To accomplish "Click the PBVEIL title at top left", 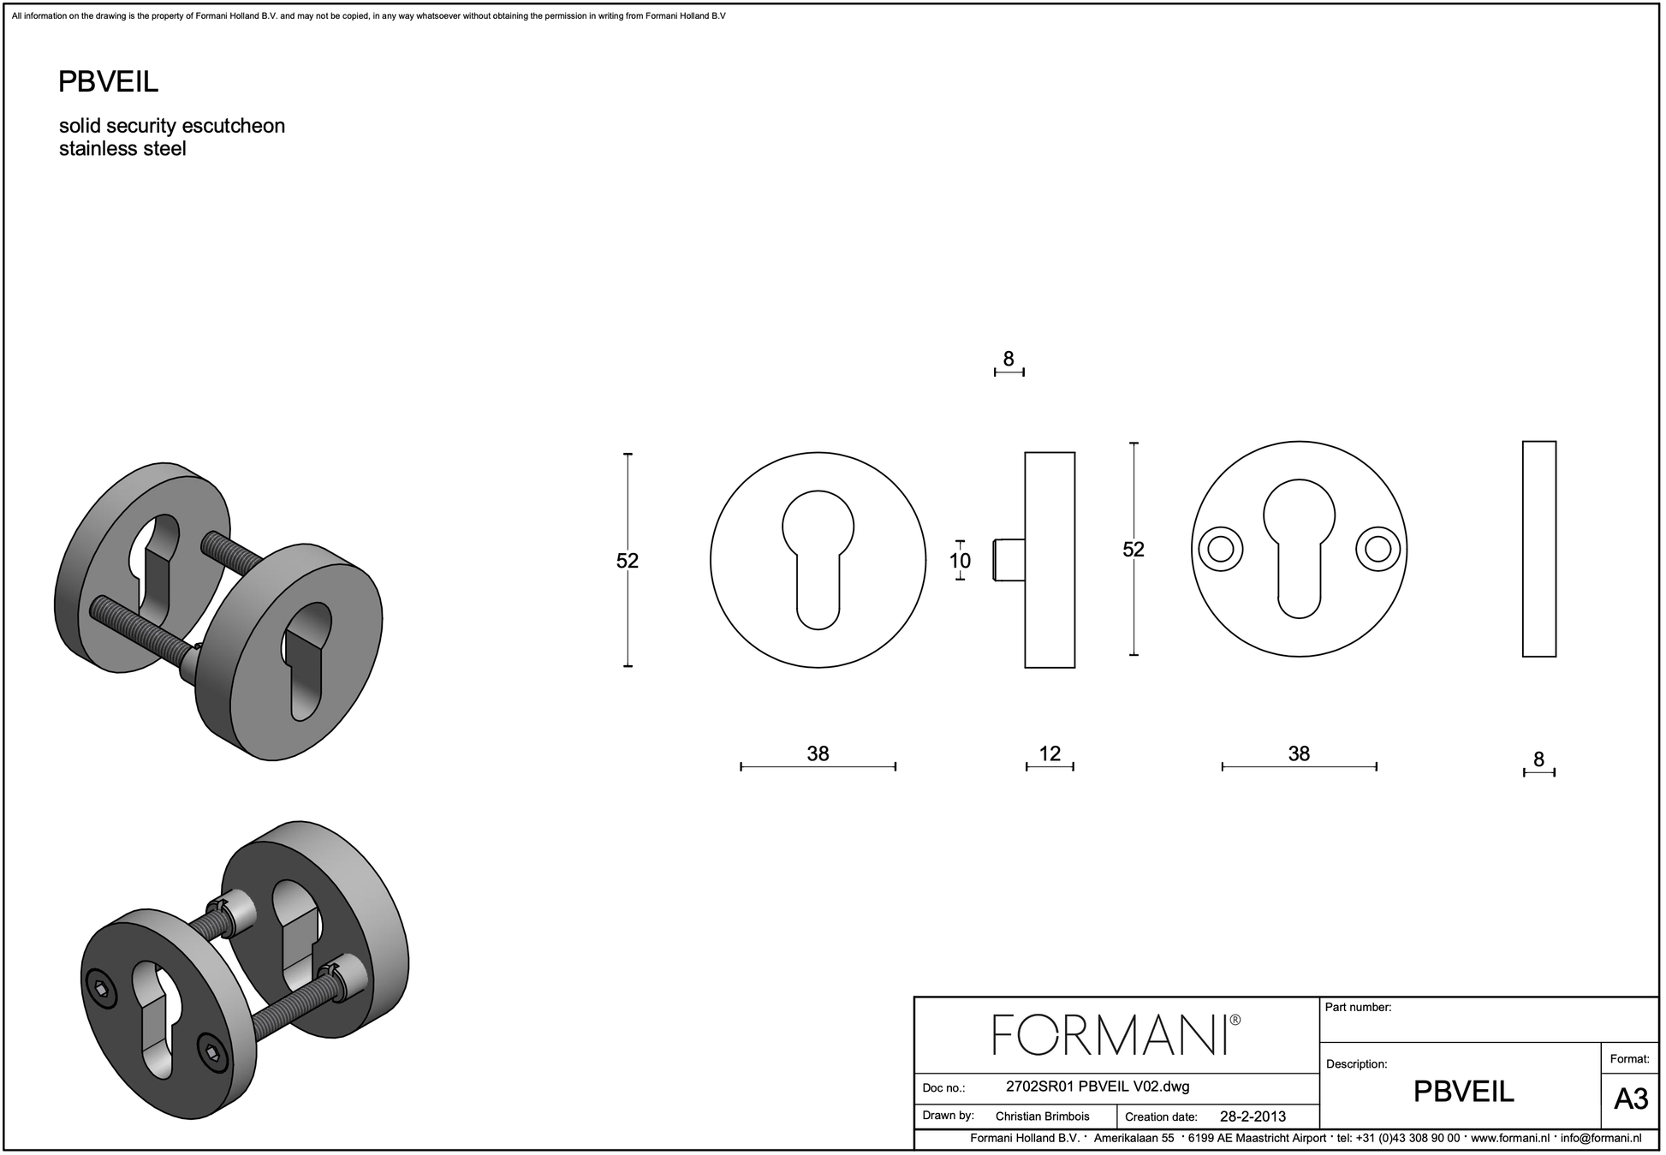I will (108, 82).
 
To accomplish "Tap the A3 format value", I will (1630, 1098).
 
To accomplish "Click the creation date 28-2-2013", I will (1252, 1116).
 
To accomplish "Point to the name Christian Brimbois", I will (1042, 1116).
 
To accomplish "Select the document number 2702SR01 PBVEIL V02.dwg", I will (1097, 1087).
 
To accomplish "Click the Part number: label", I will (1358, 1008).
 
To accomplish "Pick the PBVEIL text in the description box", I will (1463, 1092).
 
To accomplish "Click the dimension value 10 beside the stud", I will (960, 561).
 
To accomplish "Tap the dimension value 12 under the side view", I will (1050, 753).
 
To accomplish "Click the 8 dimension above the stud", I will (1009, 360).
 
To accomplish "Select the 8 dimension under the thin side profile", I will (1538, 759).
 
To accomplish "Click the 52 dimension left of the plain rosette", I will (628, 561).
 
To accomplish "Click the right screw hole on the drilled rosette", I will (1377, 549).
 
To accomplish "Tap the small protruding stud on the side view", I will (1009, 560).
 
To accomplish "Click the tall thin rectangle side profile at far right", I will (1538, 549).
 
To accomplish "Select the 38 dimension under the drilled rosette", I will (1299, 753).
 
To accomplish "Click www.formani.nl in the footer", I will (1510, 1139).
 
